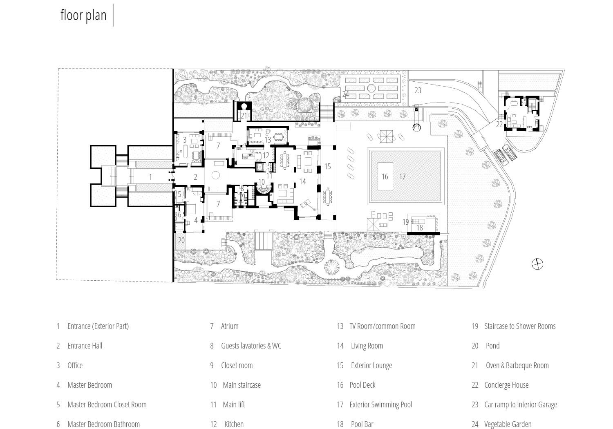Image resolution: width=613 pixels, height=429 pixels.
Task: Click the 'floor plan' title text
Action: pyautogui.click(x=83, y=15)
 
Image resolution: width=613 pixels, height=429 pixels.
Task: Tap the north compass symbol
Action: pyautogui.click(x=537, y=264)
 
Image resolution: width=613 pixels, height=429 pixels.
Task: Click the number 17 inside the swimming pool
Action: pyautogui.click(x=403, y=177)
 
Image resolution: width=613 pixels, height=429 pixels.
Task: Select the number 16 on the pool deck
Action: pyautogui.click(x=385, y=177)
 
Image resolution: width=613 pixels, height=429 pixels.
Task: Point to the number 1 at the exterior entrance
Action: pyautogui.click(x=150, y=177)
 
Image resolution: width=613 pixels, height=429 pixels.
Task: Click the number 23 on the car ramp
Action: pyautogui.click(x=418, y=90)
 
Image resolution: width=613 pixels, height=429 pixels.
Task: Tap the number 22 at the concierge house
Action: pyautogui.click(x=499, y=124)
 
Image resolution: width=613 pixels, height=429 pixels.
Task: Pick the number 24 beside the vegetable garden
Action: pyautogui.click(x=346, y=94)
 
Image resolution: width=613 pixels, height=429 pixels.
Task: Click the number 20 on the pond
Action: pyautogui.click(x=181, y=240)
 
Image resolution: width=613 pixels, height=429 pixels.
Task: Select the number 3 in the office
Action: pyautogui.click(x=185, y=140)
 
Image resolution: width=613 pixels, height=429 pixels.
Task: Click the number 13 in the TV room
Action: pyautogui.click(x=268, y=140)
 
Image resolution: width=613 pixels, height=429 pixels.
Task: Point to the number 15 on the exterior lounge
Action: pyautogui.click(x=327, y=166)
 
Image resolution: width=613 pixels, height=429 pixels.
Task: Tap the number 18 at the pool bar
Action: pyautogui.click(x=419, y=228)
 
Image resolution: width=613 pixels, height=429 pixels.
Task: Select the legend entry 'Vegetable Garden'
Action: pyautogui.click(x=508, y=424)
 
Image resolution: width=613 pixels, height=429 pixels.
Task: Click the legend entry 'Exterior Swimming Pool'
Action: pyautogui.click(x=380, y=404)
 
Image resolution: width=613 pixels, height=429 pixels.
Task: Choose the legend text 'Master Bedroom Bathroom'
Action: pyautogui.click(x=103, y=424)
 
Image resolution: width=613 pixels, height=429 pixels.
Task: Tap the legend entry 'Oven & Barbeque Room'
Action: pyautogui.click(x=517, y=365)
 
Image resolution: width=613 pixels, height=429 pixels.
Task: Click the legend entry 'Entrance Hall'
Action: pyautogui.click(x=85, y=346)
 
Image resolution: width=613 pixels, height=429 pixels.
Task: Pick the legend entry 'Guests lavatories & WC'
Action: pyautogui.click(x=251, y=346)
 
